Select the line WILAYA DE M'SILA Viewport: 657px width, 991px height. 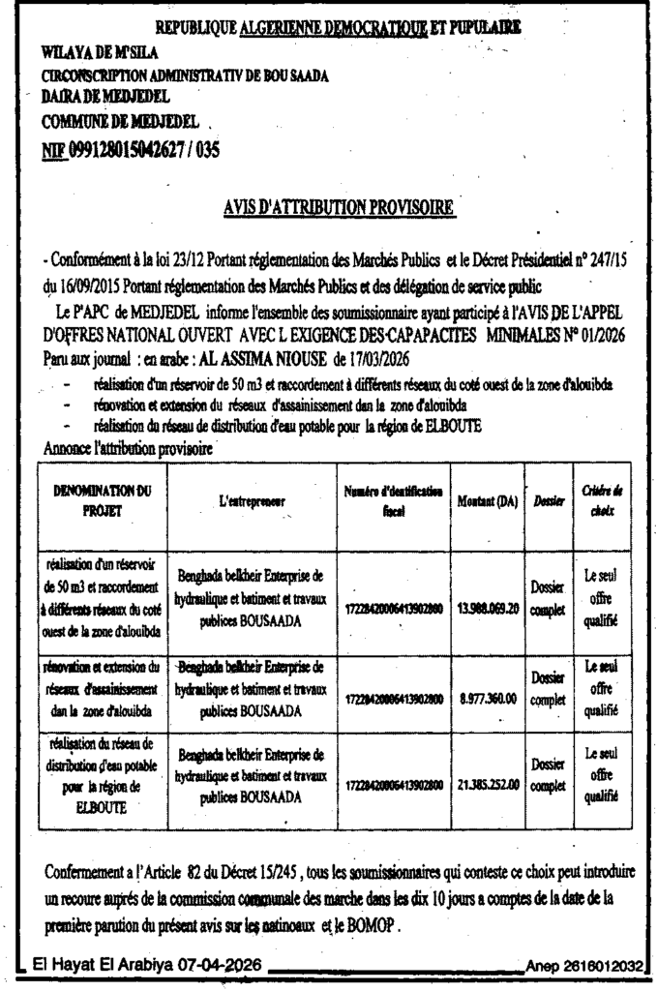pyautogui.click(x=101, y=50)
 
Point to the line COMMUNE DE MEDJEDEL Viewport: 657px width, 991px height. pyautogui.click(x=120, y=123)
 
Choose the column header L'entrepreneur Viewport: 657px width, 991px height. pyautogui.click(x=253, y=499)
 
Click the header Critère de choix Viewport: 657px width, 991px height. pyautogui.click(x=600, y=499)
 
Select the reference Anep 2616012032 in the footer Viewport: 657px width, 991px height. pyautogui.click(x=587, y=967)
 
